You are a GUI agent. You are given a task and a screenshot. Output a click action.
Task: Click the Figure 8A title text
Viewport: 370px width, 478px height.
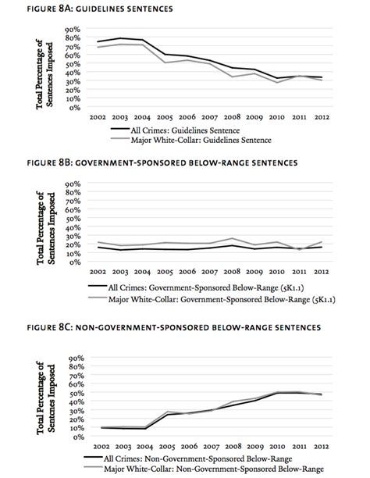[100, 9]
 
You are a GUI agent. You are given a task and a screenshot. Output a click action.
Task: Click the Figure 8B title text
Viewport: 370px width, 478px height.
[162, 162]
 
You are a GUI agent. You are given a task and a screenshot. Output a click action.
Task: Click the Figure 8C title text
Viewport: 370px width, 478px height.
[174, 327]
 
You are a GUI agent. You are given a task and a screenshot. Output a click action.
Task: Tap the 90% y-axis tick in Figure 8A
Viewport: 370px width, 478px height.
[73, 29]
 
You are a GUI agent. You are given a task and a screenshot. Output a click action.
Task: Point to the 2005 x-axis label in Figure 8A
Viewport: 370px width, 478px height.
[165, 117]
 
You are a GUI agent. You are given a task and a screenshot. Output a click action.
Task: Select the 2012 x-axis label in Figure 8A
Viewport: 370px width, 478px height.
[322, 117]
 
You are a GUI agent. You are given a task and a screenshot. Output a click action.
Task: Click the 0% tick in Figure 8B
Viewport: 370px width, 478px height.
[75, 262]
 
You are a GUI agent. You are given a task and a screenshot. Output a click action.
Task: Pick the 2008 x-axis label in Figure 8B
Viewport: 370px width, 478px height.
[232, 271]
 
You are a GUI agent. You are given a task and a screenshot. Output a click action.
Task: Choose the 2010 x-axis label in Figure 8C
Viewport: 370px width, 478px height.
[277, 446]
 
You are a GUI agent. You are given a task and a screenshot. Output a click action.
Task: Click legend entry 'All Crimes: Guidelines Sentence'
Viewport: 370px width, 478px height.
[176, 130]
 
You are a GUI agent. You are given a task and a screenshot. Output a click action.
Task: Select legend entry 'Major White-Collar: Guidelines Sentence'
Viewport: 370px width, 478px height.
[191, 140]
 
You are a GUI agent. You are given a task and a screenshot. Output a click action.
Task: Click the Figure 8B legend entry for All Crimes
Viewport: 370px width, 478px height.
[196, 287]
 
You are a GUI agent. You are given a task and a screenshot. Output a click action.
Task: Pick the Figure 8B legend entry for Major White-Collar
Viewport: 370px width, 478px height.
[212, 299]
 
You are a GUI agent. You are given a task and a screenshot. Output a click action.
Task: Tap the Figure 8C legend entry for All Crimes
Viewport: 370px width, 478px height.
[188, 458]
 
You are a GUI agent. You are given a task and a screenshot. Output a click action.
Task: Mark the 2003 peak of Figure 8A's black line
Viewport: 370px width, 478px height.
[120, 38]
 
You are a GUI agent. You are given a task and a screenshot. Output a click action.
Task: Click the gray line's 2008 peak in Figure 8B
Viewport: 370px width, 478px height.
[232, 238]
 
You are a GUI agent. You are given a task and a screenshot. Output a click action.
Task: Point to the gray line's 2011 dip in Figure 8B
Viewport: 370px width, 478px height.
[299, 250]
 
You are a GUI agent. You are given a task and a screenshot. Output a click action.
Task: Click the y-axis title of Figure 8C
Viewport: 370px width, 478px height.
[46, 398]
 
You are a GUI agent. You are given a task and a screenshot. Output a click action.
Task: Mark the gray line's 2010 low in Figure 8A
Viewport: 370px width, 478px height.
[277, 83]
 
